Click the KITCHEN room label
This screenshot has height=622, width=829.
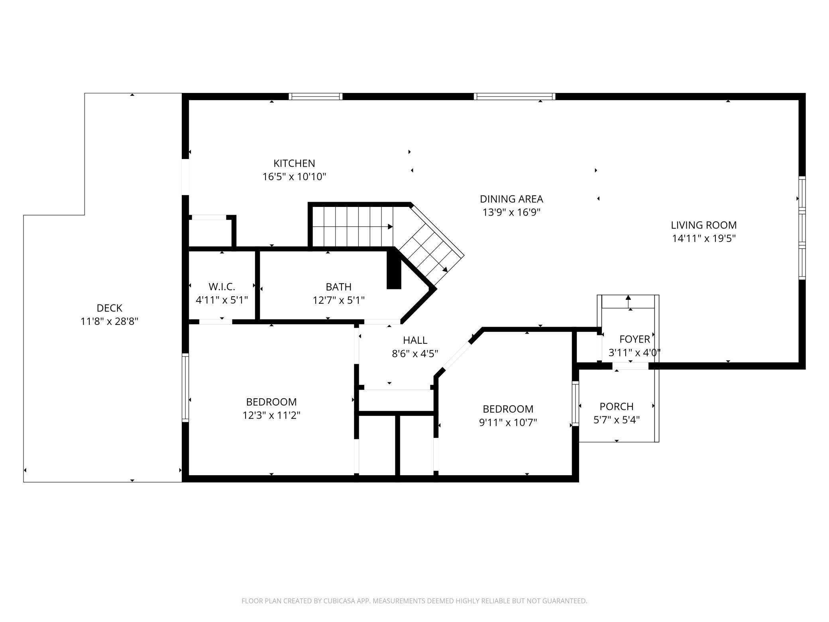(x=294, y=163)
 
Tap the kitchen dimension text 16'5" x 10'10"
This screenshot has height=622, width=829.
(x=294, y=177)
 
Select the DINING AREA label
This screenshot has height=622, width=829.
(x=511, y=199)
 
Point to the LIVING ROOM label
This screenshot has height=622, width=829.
(x=703, y=225)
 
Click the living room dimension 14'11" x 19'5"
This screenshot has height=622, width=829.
(x=703, y=238)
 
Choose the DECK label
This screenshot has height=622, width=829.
(x=110, y=308)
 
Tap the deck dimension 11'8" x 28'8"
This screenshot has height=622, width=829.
(x=110, y=321)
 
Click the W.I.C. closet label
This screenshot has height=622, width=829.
(x=222, y=287)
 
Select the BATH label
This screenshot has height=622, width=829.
(x=339, y=287)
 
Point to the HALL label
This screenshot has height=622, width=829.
(x=415, y=340)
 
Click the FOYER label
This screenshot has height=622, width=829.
(x=635, y=339)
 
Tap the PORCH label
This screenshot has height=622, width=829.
(x=617, y=407)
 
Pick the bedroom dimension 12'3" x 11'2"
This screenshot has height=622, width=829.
(x=271, y=415)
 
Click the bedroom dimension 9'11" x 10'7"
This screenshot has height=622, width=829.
(x=508, y=422)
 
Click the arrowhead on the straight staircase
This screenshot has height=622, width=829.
(x=391, y=227)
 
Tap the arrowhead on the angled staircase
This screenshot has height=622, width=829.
(x=445, y=270)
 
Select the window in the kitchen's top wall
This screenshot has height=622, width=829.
(x=316, y=96)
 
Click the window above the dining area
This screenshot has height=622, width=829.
(x=515, y=96)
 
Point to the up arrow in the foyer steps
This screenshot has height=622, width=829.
(x=629, y=302)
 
